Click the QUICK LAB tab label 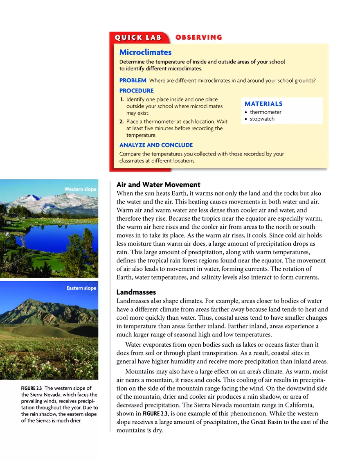[x=138, y=38]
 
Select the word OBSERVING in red [x=199, y=37]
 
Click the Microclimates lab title [x=145, y=52]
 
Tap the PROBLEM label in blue [x=133, y=81]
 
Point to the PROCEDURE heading [x=136, y=91]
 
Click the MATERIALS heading [x=263, y=104]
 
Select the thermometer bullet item [x=265, y=112]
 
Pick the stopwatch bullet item [x=262, y=119]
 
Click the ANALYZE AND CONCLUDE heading [x=156, y=145]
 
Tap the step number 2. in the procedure [x=122, y=122]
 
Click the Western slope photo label [x=80, y=189]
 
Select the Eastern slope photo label [x=81, y=288]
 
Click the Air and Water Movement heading [x=158, y=185]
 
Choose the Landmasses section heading [x=136, y=292]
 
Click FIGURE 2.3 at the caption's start [x=32, y=388]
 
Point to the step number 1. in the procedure [x=122, y=99]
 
